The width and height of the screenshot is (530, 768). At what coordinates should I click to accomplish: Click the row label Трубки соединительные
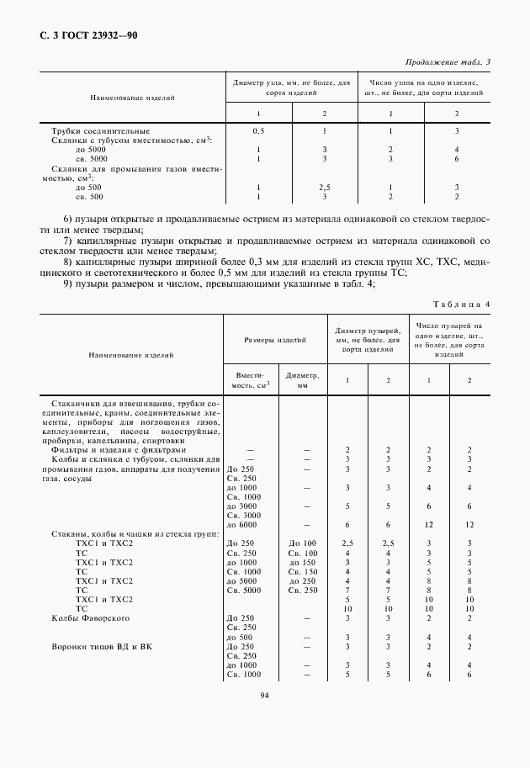tap(100, 131)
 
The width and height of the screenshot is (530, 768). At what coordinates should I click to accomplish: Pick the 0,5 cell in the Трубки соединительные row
tap(258, 131)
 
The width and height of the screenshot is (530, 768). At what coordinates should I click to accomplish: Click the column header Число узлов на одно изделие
tap(424, 87)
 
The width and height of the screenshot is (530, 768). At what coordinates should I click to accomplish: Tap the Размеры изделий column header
tap(274, 340)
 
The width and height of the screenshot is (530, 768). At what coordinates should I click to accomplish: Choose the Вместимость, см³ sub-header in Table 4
tap(249, 380)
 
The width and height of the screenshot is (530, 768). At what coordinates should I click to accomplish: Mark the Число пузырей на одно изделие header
tap(449, 339)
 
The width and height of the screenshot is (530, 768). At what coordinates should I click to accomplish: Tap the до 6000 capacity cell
tap(241, 525)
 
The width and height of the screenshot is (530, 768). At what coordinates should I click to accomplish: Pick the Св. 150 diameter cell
tap(302, 571)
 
